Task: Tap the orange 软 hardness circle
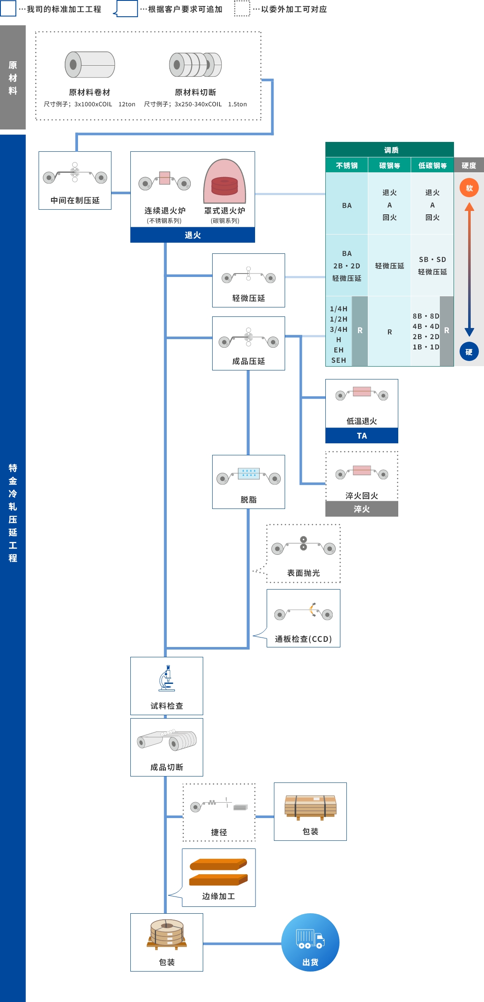click(x=469, y=188)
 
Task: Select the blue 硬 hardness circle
click(x=469, y=352)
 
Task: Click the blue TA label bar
click(x=361, y=436)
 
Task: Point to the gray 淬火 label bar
click(x=361, y=509)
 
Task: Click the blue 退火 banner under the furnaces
click(x=192, y=235)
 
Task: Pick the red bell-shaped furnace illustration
click(x=225, y=182)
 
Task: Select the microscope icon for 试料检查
click(x=166, y=678)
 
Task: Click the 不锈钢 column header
click(x=346, y=165)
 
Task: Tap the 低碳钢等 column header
click(x=432, y=165)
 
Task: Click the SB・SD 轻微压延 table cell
click(x=432, y=265)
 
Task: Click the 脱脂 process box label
click(x=248, y=499)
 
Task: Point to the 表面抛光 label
click(x=303, y=573)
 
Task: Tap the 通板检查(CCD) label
click(x=303, y=639)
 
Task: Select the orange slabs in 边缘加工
click(x=218, y=872)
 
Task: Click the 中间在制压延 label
click(x=75, y=200)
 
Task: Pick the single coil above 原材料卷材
click(x=90, y=64)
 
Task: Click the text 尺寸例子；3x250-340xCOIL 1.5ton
click(x=195, y=104)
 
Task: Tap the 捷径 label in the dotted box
click(x=219, y=832)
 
